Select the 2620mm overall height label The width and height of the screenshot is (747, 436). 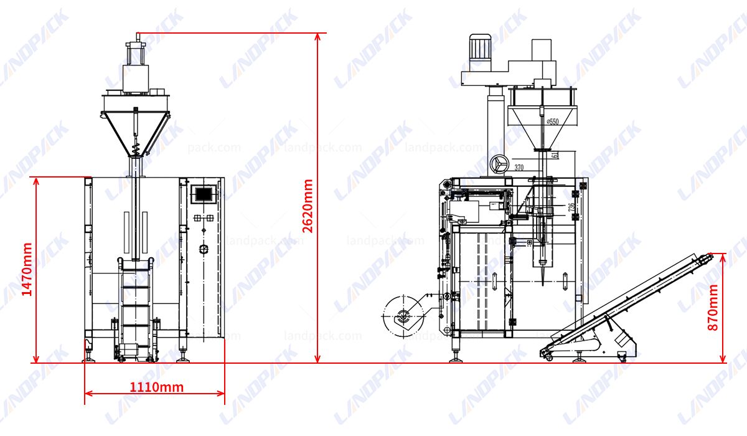(308, 206)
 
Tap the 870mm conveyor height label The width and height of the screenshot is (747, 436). (713, 307)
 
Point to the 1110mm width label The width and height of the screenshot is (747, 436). (156, 387)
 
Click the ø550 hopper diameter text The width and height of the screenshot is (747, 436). (552, 122)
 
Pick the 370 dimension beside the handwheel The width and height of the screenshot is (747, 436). (520, 167)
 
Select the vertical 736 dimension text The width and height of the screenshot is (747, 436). (571, 206)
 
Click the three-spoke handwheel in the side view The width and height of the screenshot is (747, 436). (499, 164)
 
